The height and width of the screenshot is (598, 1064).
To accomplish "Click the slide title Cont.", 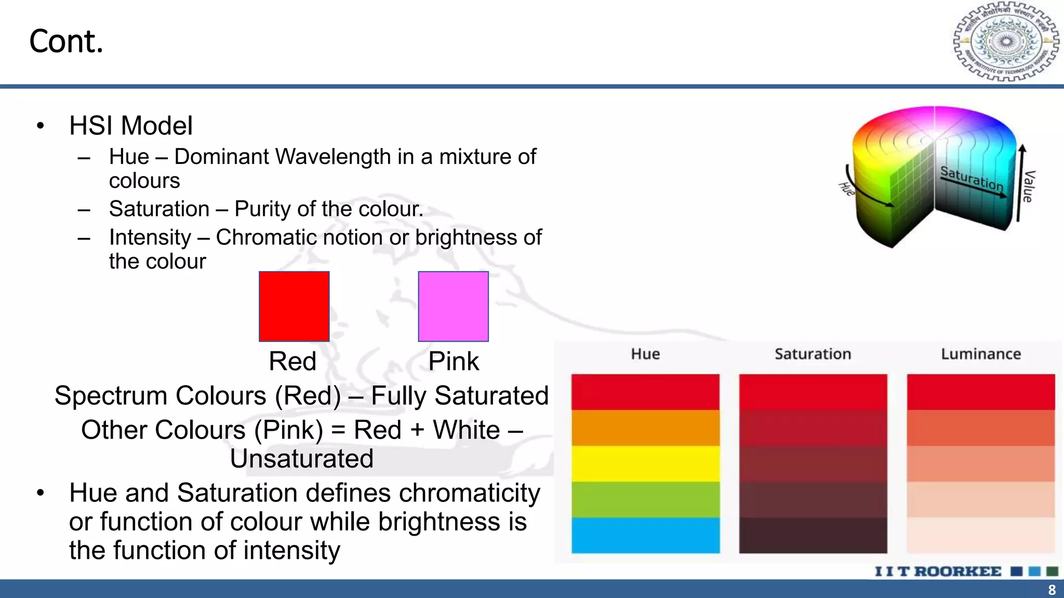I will point(66,42).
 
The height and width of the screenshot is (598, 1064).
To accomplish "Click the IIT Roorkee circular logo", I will point(1006,42).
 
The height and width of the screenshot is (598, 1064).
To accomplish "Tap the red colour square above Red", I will point(294,306).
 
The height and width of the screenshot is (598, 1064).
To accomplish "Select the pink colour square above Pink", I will point(453,306).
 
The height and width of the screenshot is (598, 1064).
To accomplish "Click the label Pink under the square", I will point(454,361).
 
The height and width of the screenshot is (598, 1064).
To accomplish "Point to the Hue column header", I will point(645,354).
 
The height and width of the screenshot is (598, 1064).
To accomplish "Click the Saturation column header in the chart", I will point(813,354).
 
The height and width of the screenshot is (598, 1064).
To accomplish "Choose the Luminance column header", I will point(981,354).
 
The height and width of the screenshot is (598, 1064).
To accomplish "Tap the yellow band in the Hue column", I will point(645,464).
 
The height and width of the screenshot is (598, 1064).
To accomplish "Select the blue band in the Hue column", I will point(645,535).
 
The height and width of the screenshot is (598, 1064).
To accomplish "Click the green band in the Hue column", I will point(645,499).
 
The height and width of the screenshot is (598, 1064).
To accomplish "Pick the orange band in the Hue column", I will point(645,428).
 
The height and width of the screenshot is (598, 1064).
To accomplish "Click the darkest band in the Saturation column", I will point(813,535).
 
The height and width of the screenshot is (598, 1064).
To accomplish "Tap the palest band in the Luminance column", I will point(981,535).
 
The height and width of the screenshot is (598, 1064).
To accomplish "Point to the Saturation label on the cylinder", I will point(972,178).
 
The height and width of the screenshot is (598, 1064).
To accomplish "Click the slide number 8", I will point(1052,590).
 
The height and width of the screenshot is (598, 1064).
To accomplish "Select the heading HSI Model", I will point(131,126).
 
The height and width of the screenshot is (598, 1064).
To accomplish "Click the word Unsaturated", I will point(301,458).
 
